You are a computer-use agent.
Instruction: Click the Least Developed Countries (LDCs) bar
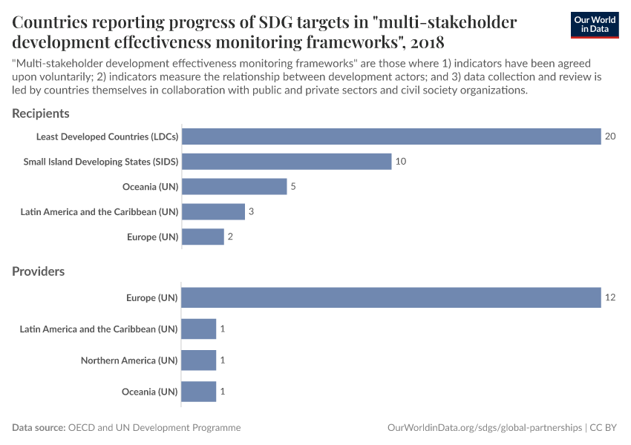click(391, 136)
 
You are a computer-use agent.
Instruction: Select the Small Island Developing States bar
click(287, 162)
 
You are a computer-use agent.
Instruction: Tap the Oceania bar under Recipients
click(234, 186)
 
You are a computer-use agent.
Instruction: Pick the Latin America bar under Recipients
click(213, 211)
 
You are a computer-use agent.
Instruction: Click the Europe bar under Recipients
click(203, 237)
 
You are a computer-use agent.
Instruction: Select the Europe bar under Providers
click(391, 297)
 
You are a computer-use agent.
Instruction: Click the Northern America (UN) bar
click(199, 360)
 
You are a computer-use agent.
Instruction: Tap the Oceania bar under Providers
click(199, 392)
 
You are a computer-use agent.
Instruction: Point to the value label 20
click(610, 136)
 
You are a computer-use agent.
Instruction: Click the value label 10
click(401, 162)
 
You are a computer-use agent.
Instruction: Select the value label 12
click(610, 297)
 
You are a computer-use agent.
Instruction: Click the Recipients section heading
click(41, 113)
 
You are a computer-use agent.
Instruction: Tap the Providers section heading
click(39, 271)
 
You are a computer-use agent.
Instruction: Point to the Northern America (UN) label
click(129, 360)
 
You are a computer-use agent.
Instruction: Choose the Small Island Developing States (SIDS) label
click(101, 162)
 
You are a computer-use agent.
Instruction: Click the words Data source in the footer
click(39, 428)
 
